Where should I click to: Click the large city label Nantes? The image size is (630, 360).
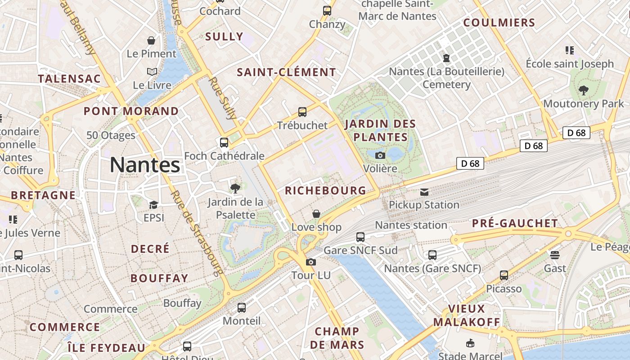coord(145,165)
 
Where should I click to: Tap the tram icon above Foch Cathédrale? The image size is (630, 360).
coord(224,143)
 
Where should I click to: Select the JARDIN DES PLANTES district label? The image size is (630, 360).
coord(380,130)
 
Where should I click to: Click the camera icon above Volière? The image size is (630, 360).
coord(380,155)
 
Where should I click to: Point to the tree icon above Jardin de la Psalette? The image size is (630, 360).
coord(235,188)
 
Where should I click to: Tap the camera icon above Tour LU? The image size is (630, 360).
coord(310,262)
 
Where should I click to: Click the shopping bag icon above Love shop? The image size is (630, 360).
coord(316,213)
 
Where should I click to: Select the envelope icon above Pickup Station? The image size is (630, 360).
coord(424,192)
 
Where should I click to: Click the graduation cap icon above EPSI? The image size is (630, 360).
coord(153,205)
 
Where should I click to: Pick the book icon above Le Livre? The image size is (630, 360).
coord(152,72)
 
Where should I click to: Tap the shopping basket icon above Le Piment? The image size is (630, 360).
coord(151,40)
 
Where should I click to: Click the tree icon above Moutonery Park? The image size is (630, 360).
coord(584,90)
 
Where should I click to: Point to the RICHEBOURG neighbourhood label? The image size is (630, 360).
coord(326,190)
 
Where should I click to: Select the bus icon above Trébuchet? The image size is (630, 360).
coord(302,112)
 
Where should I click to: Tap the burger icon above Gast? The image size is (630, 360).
coord(555,255)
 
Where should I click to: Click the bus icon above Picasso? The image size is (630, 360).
coord(504,275)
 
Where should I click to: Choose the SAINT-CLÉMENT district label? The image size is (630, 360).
coord(286,72)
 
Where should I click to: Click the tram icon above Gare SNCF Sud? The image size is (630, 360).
coord(360,237)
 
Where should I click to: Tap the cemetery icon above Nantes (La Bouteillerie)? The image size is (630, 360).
coord(446,58)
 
